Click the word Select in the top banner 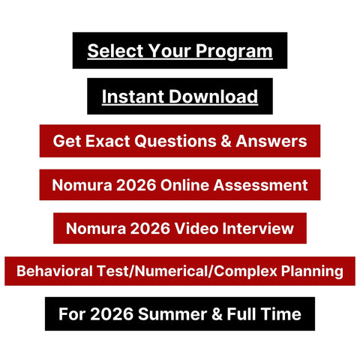[110, 52]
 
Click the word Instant [130, 97]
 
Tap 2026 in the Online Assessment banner [136, 184]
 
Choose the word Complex [243, 271]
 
